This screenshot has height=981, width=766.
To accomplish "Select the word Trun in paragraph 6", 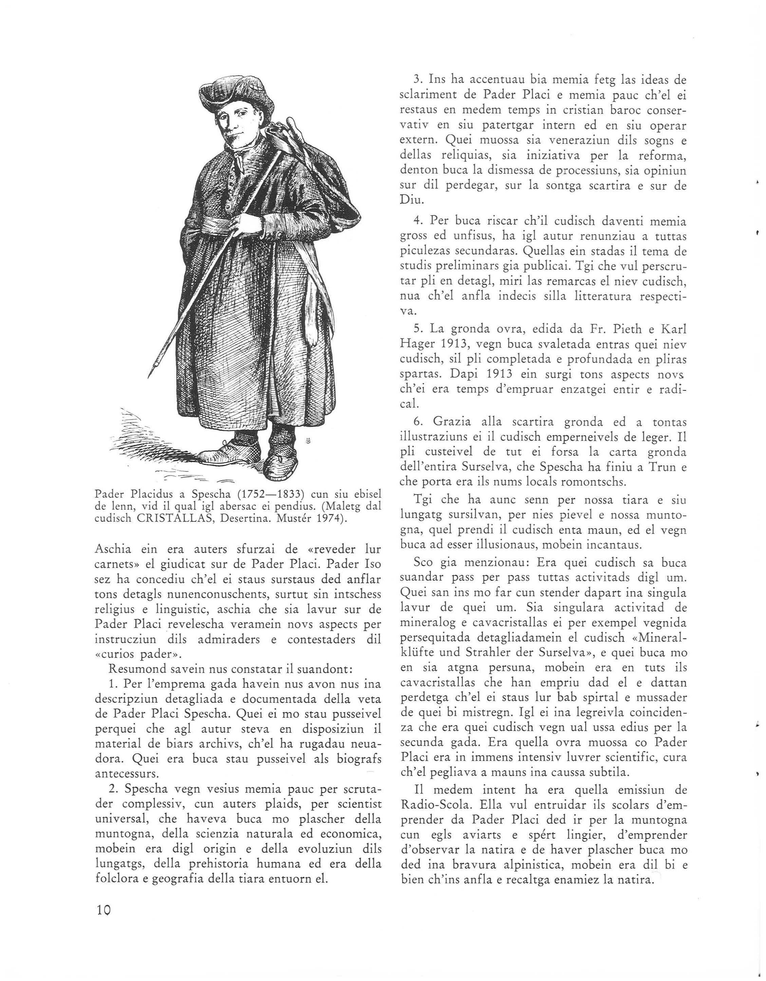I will (660, 467).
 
